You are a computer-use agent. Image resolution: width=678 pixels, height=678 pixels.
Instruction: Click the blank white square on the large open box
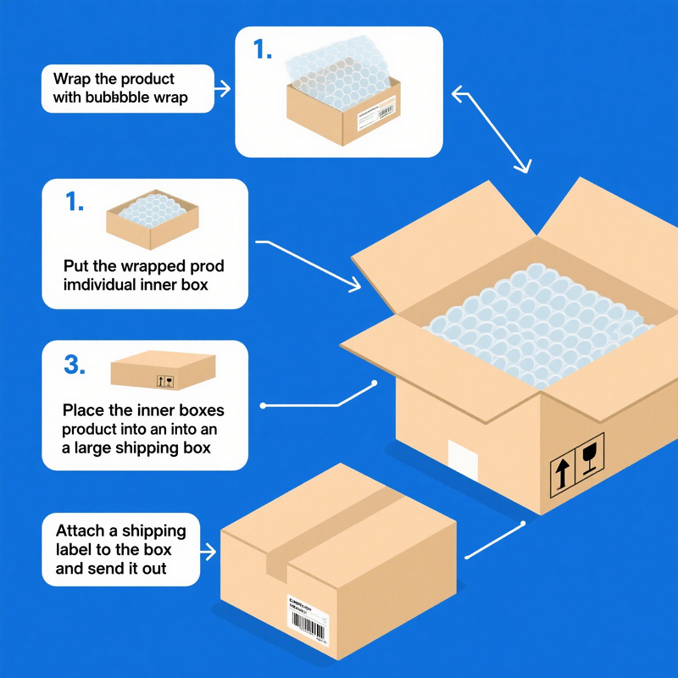click(464, 458)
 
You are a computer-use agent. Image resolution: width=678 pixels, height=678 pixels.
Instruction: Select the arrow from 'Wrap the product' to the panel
click(222, 87)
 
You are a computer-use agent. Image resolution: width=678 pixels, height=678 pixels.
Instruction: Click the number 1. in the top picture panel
click(263, 50)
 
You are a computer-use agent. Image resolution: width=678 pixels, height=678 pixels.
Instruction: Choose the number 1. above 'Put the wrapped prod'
click(75, 203)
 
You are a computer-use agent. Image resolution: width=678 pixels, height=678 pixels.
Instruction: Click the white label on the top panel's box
click(375, 114)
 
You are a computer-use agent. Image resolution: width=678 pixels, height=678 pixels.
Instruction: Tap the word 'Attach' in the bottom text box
click(79, 531)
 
